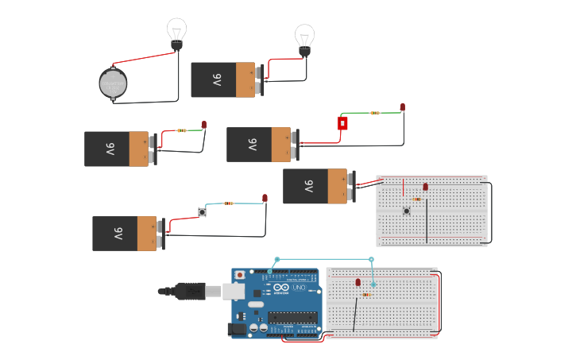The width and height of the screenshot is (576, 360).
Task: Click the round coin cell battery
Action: click(113, 83)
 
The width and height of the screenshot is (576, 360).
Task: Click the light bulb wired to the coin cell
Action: click(176, 33)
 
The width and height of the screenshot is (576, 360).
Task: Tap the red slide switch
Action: click(342, 123)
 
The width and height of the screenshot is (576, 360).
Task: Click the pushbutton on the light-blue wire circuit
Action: click(202, 212)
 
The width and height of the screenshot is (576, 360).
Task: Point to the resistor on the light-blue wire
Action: click(229, 203)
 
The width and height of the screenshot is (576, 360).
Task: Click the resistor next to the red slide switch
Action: click(375, 113)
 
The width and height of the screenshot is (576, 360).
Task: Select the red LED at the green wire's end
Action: click(402, 107)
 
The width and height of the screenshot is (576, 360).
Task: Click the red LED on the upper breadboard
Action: click(425, 187)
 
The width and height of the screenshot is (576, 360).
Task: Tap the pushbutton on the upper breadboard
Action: click(407, 211)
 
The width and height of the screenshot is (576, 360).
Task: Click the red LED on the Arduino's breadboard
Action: click(358, 282)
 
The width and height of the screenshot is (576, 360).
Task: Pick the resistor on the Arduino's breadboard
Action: click(365, 295)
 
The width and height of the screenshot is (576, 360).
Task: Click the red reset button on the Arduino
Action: click(240, 275)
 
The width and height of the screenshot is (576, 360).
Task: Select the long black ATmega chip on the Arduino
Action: click(293, 318)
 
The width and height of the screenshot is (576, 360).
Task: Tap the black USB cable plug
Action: click(191, 291)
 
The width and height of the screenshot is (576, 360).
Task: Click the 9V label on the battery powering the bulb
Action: click(217, 80)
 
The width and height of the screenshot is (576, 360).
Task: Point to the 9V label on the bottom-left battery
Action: click(118, 234)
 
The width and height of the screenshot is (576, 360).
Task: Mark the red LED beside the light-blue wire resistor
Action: click(265, 198)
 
